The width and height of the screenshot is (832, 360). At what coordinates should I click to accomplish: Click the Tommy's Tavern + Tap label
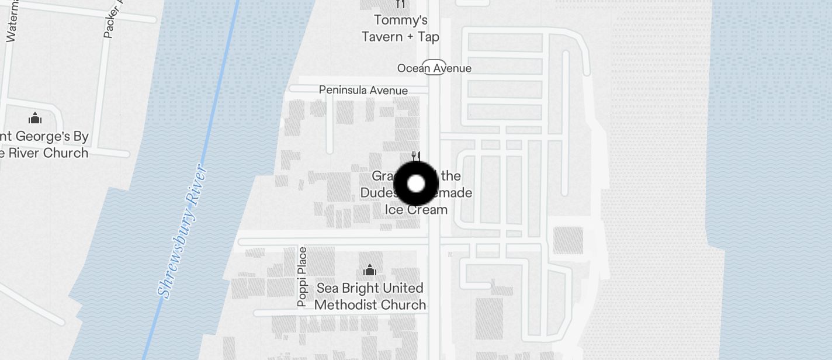[400, 29]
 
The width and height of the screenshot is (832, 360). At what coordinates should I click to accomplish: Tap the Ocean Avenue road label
[434, 68]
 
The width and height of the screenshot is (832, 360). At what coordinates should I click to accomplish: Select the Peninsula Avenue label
[363, 90]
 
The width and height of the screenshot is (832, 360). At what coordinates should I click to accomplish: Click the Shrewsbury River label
[183, 232]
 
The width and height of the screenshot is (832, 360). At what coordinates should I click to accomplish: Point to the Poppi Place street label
[301, 277]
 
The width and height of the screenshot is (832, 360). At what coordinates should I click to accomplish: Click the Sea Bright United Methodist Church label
[370, 296]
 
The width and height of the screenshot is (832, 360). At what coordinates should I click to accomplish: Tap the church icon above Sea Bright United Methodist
[369, 270]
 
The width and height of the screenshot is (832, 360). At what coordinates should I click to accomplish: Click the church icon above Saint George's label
[35, 118]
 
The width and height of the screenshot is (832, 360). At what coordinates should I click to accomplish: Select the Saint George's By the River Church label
[43, 145]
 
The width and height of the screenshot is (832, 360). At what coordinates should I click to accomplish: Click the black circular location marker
[416, 184]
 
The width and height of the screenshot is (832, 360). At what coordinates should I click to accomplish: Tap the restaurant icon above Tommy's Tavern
[400, 4]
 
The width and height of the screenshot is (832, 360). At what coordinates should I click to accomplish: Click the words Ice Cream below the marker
[416, 209]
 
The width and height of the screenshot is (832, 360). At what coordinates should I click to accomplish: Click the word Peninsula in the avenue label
[343, 90]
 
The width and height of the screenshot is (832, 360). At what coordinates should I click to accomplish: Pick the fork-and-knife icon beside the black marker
[416, 156]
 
